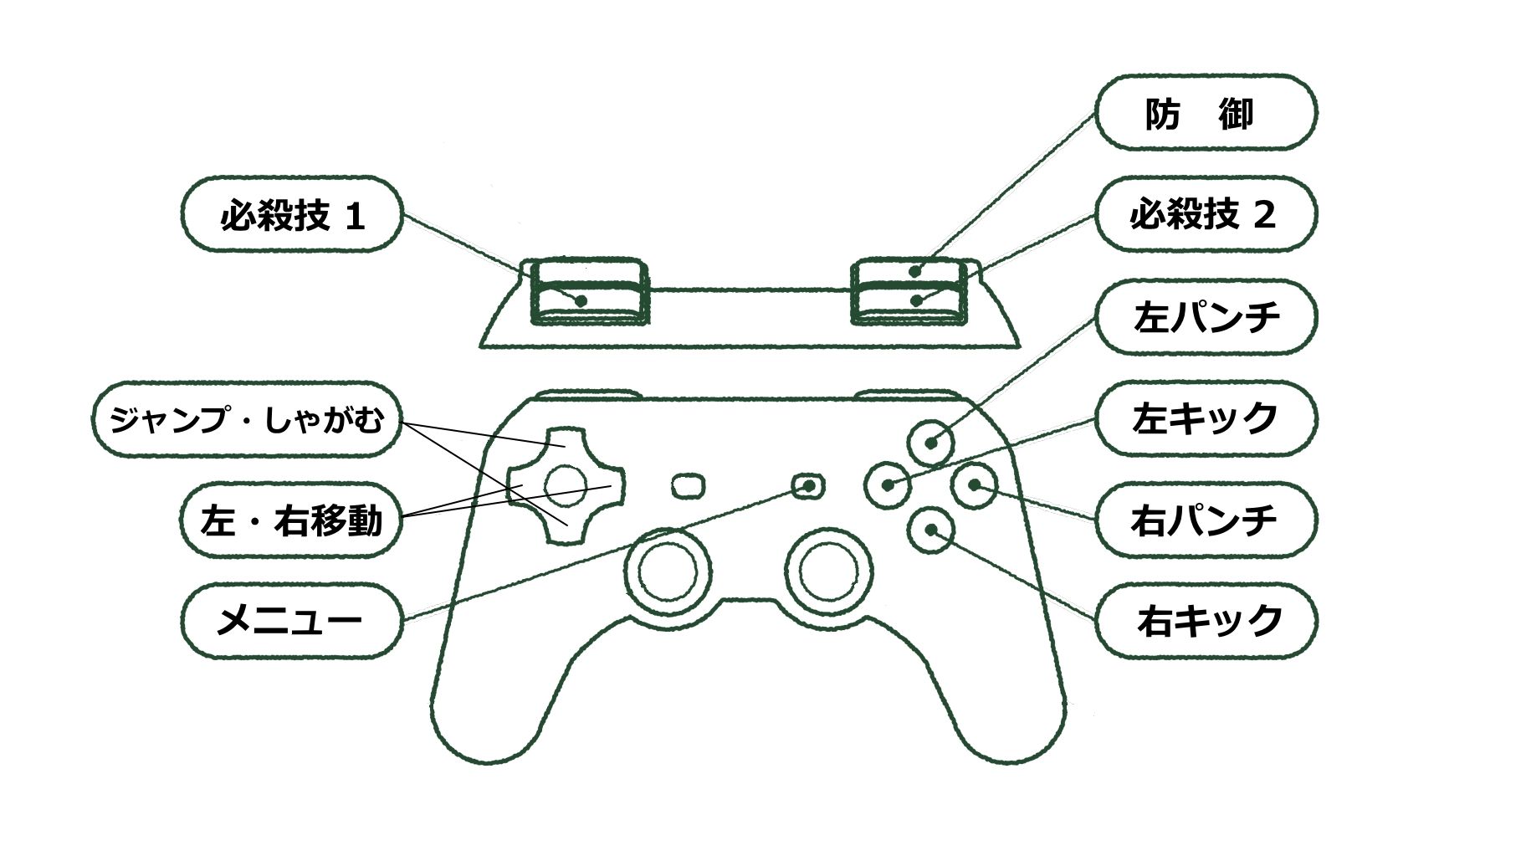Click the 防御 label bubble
1206,113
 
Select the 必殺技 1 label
292,215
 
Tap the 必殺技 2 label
1206,214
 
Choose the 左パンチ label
1206,317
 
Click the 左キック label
1206,418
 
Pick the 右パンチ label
1206,520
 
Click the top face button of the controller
931,442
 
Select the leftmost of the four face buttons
887,484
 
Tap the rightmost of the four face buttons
975,484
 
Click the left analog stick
668,570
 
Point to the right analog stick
829,570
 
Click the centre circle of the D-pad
566,484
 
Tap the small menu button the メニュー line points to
807,485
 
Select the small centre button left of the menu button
689,485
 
